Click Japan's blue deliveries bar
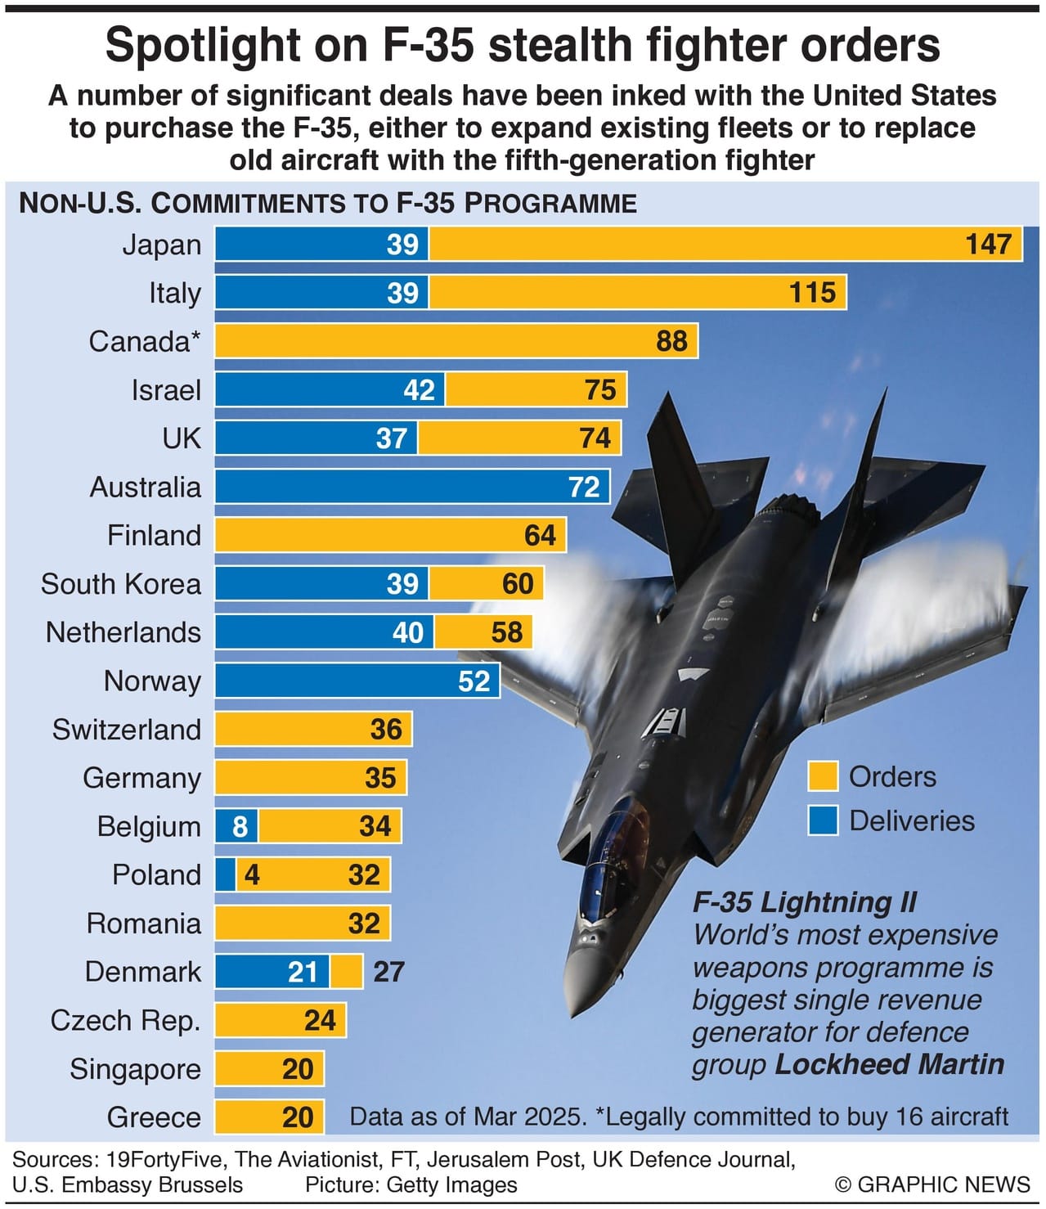coord(321,244)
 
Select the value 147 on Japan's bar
coord(989,244)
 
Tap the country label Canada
coord(144,341)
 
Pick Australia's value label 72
coord(584,487)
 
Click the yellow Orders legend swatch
coord(822,776)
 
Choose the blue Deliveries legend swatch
coord(822,820)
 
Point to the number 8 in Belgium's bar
coord(239,826)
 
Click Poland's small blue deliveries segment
coord(225,874)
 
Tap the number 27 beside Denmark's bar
coord(388,972)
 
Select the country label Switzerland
coord(127,729)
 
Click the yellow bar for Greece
coord(269,1117)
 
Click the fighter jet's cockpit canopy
coord(609,859)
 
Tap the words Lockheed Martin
coord(889,1064)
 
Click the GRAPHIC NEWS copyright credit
coord(932,1184)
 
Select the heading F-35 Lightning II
coord(805,902)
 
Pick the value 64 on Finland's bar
coord(540,535)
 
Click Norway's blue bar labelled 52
coord(357,681)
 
